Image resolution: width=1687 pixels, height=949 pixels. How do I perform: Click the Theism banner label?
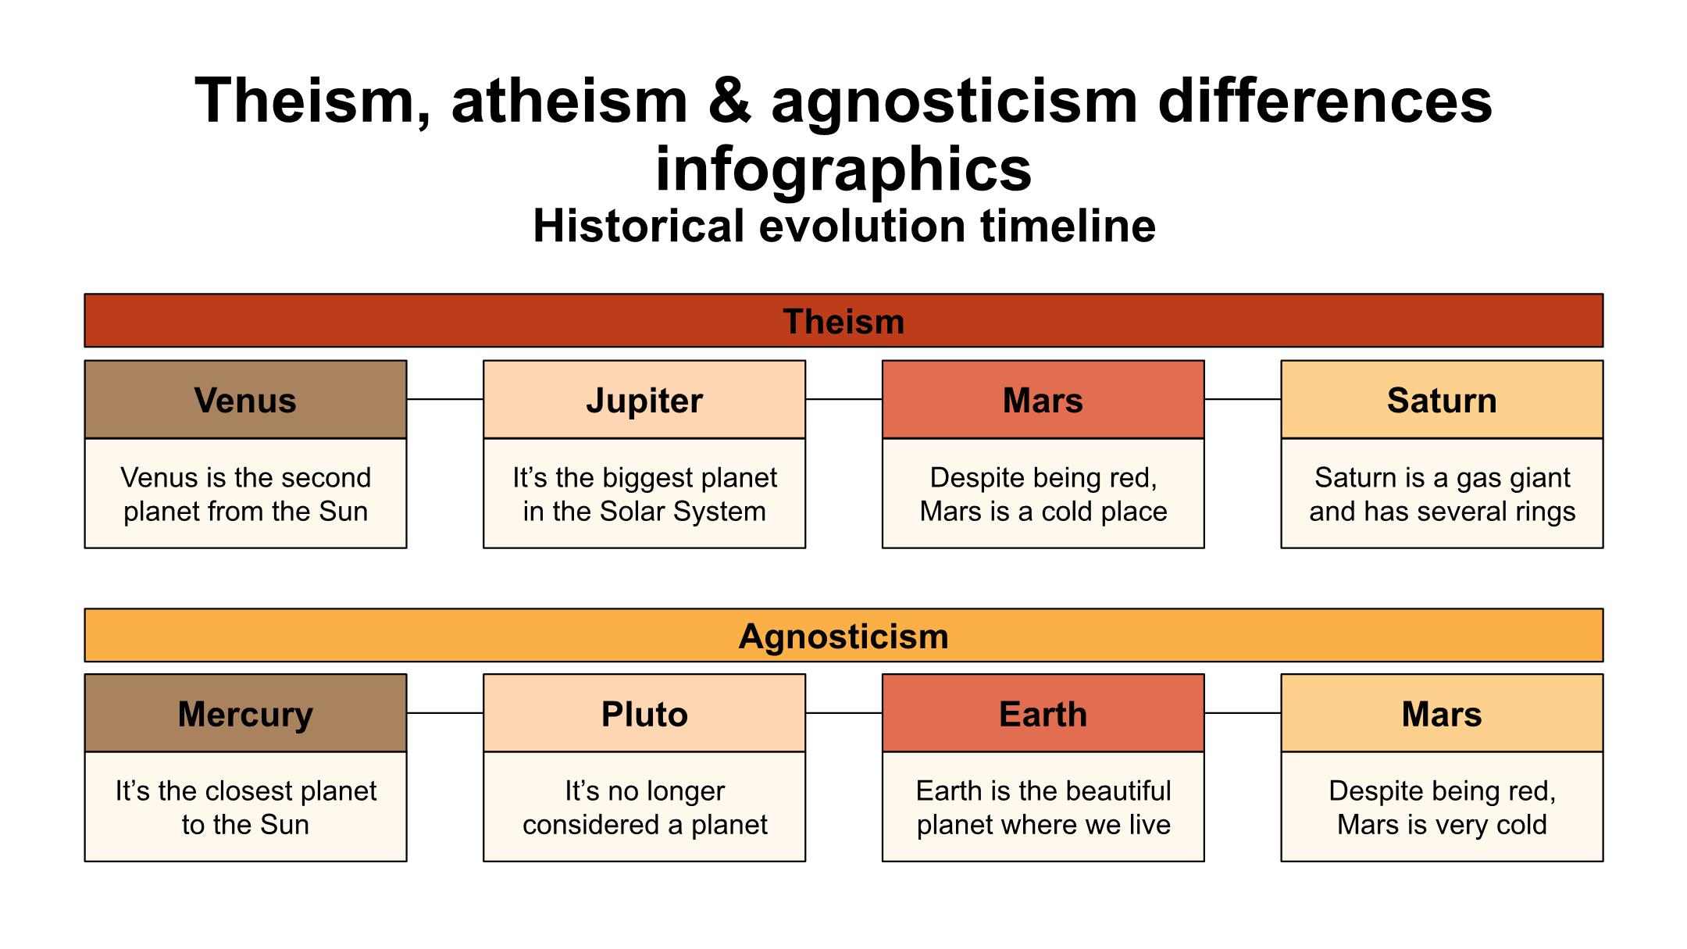click(x=843, y=322)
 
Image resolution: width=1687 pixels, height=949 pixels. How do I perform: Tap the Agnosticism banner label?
click(x=843, y=637)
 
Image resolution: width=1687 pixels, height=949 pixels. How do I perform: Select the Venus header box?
click(x=245, y=399)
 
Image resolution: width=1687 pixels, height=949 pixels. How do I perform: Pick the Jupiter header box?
click(x=644, y=399)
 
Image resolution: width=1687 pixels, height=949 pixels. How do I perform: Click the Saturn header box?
click(x=1442, y=399)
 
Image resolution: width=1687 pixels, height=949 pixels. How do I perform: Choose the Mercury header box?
click(x=245, y=713)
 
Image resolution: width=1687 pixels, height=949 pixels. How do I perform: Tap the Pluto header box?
click(x=644, y=713)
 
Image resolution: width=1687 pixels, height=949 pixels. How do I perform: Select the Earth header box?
click(x=1043, y=713)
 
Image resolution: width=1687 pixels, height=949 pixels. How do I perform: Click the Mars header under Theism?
click(x=1043, y=399)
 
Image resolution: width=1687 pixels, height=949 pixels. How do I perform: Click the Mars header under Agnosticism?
click(x=1442, y=713)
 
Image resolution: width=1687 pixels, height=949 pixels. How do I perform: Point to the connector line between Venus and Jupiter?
click(x=445, y=399)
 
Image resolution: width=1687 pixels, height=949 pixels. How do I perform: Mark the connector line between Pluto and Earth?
click(x=843, y=713)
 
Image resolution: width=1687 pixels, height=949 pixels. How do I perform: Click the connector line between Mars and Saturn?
click(x=1243, y=399)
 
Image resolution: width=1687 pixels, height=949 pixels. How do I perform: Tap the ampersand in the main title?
click(x=729, y=102)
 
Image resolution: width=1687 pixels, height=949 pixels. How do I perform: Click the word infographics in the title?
click(x=843, y=169)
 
